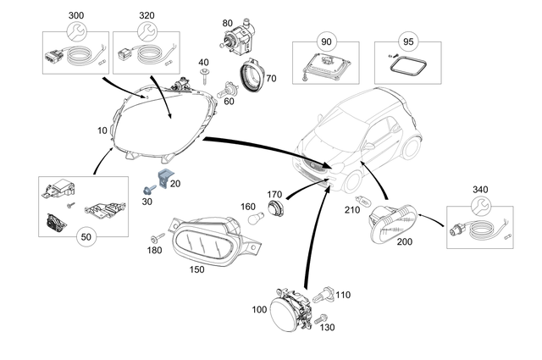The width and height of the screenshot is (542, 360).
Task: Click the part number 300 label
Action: point(76,15)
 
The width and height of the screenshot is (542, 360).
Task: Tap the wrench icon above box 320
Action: point(147,31)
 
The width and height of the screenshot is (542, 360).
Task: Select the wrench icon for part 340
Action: point(481,207)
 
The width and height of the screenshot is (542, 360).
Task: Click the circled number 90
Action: point(326,42)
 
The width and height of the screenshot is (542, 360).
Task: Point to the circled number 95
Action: point(408,42)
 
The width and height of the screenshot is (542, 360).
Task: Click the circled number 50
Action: point(86,237)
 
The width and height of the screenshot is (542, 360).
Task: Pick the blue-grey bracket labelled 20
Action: point(165,178)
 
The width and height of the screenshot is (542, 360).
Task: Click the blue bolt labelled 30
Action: point(149,189)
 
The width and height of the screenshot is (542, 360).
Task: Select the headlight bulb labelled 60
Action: point(225,90)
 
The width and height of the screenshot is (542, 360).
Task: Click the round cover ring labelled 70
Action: point(252,75)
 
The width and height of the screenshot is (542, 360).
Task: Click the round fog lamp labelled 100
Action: point(290,308)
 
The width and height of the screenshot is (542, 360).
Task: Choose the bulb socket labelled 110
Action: point(323,295)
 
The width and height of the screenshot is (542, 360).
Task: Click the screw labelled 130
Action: point(320,318)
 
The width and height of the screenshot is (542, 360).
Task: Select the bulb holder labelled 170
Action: point(275,208)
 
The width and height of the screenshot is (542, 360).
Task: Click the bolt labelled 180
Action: point(157,238)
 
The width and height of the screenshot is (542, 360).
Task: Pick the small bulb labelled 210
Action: point(363,200)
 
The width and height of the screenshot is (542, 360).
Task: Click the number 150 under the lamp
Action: point(196,269)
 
